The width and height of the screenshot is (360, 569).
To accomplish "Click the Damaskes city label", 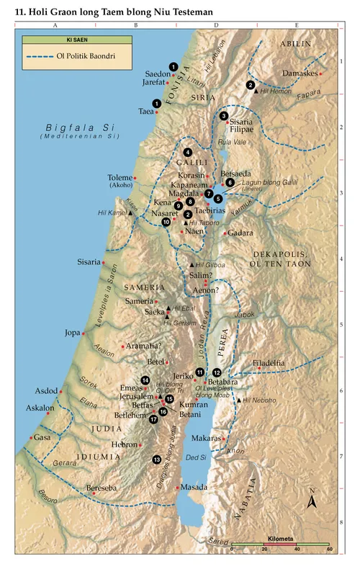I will coord(301,74).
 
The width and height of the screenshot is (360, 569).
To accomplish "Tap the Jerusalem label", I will coord(136,396).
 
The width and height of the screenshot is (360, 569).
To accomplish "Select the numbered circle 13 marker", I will coord(156,460).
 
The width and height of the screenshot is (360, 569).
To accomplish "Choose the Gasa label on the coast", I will coord(42,437).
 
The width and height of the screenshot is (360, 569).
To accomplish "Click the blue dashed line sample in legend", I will coord(40,56).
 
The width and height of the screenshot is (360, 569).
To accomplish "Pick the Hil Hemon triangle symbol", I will coord(256,92).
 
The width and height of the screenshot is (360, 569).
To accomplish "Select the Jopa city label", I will coord(72,333).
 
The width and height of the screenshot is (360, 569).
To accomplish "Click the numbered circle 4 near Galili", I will coord(187,152).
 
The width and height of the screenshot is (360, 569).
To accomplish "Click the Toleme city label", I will coord(120,177).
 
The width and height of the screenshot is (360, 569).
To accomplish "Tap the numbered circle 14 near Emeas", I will coord(145,380).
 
